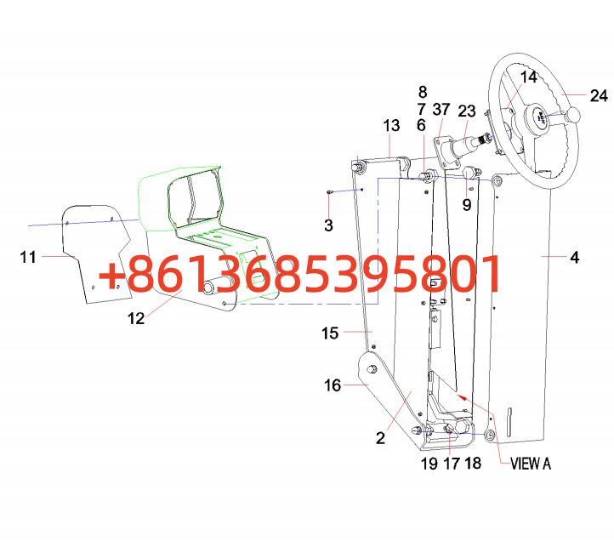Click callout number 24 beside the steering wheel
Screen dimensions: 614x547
point(600,95)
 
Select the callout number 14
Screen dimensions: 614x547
point(529,77)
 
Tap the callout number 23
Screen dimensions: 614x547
point(467,111)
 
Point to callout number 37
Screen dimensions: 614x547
point(441,110)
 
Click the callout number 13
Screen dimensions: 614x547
point(391,126)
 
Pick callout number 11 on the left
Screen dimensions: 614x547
point(28,257)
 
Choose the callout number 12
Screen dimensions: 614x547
point(136,318)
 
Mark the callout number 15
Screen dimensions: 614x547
point(330,333)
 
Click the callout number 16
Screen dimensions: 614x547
point(333,385)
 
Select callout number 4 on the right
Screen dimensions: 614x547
point(574,258)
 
